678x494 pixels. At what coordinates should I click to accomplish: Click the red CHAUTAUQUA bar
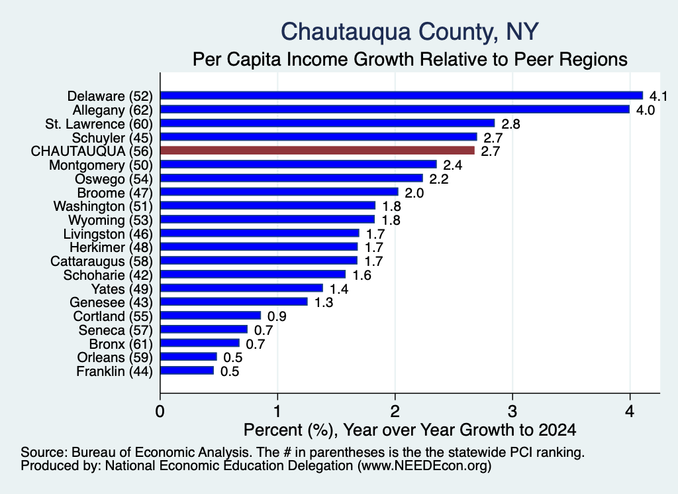pos(317,151)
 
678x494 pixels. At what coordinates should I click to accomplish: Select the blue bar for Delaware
pos(402,95)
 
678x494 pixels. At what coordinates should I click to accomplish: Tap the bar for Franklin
pos(187,371)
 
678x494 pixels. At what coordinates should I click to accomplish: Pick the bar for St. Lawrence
pos(327,123)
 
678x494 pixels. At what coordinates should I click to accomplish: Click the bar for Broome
pos(279,192)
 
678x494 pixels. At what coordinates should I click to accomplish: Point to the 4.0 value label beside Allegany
pos(645,110)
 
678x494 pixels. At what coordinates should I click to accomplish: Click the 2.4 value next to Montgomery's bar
pos(453,165)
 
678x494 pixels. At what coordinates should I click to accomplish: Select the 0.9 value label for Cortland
pos(277,316)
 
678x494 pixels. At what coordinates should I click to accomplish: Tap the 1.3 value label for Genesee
pos(323,302)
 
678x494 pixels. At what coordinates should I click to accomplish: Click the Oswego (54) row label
pos(114,179)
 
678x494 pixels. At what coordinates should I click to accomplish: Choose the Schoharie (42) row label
pos(108,275)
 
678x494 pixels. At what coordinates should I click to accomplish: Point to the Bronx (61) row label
pos(121,344)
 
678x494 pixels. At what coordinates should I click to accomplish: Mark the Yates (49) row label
pos(122,289)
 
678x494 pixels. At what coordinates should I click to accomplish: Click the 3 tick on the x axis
pos(512,411)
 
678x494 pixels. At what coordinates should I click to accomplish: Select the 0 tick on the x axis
pos(160,411)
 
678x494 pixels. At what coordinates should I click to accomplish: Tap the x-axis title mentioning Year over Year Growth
pos(410,430)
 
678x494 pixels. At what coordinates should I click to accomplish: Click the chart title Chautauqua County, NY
pos(410,32)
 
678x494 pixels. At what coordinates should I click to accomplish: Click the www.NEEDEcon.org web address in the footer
pos(424,466)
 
